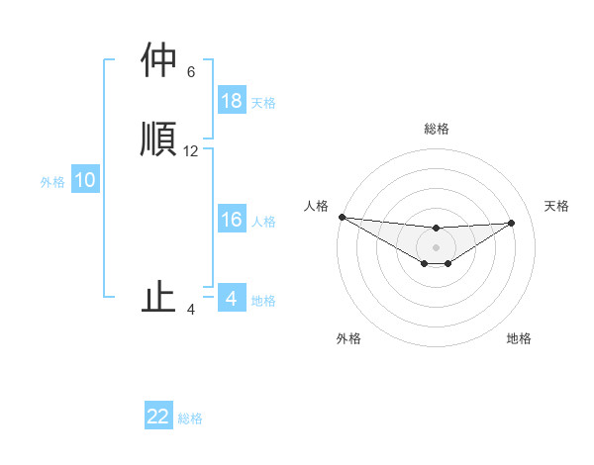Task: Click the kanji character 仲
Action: pos(158,60)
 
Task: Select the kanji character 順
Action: pos(158,138)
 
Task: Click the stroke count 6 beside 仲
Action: pos(191,71)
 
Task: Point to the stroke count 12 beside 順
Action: pos(191,151)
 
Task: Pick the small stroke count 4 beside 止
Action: pos(191,310)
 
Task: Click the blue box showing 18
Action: pos(232,101)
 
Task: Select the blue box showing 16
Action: pos(232,220)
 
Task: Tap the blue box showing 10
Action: pos(85,180)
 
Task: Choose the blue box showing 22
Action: pos(158,417)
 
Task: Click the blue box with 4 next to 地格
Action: pos(232,299)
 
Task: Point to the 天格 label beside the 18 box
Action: pos(263,102)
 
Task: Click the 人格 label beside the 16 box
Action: pos(263,221)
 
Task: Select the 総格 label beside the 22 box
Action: pos(190,418)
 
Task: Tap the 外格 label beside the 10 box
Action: pos(52,181)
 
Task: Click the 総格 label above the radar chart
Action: pos(436,129)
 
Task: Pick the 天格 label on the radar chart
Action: pos(556,206)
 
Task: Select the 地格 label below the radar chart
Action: pos(519,338)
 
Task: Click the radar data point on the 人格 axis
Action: pos(342,217)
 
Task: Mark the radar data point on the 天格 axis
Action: pos(512,223)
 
